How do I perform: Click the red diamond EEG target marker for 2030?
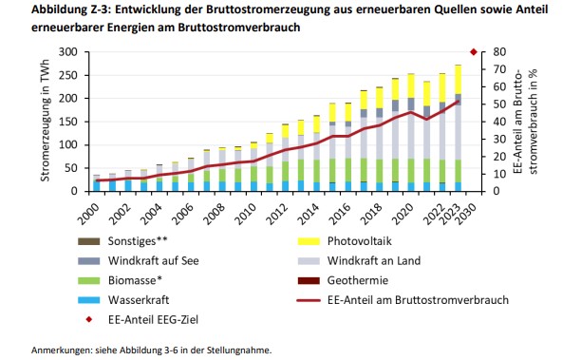click(474, 51)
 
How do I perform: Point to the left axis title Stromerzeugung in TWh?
click(45, 121)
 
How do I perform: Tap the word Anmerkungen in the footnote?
click(63, 349)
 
